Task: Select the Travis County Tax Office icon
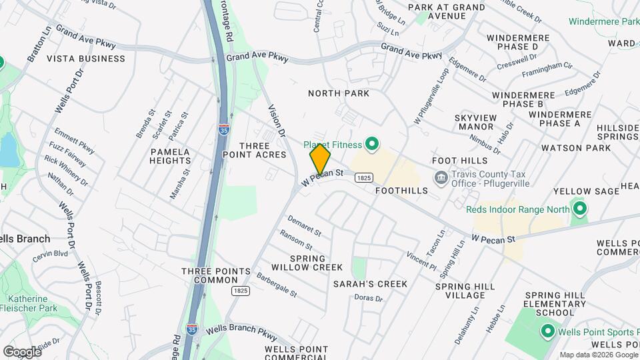(441, 177)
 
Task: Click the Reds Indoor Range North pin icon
(579, 209)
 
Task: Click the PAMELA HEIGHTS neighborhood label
(171, 156)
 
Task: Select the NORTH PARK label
(338, 93)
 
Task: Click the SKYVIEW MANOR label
(475, 122)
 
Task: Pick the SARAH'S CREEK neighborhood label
(370, 284)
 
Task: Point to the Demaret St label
(305, 225)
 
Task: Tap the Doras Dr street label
(369, 298)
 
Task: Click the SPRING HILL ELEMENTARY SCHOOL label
(549, 304)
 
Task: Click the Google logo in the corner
(22, 351)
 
